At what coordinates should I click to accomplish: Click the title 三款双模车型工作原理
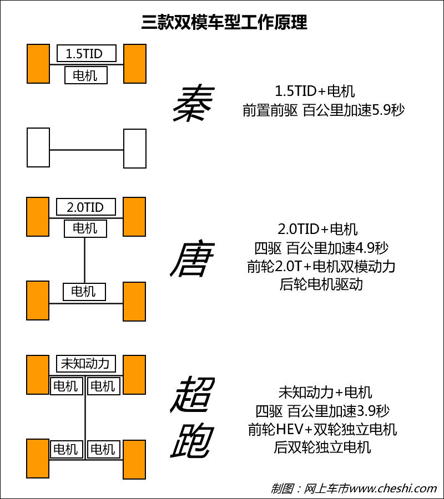point(224,22)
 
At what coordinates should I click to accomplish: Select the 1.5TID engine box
point(87,53)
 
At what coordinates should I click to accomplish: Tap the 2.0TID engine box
point(85,207)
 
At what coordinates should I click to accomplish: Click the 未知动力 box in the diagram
point(85,363)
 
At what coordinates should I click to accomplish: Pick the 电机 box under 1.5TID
point(85,75)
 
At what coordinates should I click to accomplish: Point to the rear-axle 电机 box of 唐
point(84,292)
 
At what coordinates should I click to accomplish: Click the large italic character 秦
point(193,103)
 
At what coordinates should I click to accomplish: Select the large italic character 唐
point(193,259)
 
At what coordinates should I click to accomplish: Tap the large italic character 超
point(193,394)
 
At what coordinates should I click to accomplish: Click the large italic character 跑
point(193,441)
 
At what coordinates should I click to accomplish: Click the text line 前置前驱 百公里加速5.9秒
point(323,110)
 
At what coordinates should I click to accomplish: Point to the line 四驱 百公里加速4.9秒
point(321,248)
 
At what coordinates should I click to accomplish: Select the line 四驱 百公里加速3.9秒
point(322,411)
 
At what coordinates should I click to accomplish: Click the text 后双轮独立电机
point(322,447)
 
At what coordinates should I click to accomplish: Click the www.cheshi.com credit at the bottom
point(393,488)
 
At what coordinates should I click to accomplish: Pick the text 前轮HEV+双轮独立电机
point(322,429)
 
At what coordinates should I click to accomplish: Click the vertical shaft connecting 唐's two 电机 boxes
point(84,261)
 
